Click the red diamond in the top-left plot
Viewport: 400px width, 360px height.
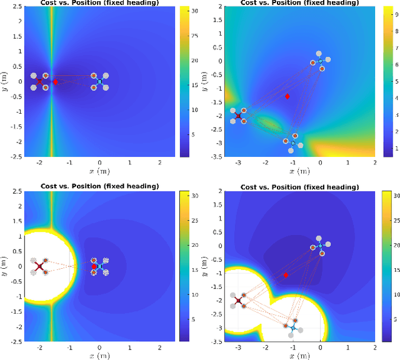[x=55, y=82]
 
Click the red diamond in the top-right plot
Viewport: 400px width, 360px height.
[x=287, y=96]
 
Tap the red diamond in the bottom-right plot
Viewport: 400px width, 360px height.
[x=286, y=275]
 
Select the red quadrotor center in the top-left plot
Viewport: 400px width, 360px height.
[x=39, y=81]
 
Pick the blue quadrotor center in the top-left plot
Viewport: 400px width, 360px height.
[x=99, y=81]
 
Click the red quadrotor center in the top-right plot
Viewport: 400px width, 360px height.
[x=238, y=116]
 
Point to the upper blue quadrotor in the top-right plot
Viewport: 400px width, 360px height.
[x=320, y=61]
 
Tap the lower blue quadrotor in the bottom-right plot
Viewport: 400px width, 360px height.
[x=293, y=327]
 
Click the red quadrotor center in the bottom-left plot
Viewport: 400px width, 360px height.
[x=39, y=267]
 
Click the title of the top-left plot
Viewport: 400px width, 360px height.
[x=99, y=3]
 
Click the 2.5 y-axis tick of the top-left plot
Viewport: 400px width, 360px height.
[x=16, y=7]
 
